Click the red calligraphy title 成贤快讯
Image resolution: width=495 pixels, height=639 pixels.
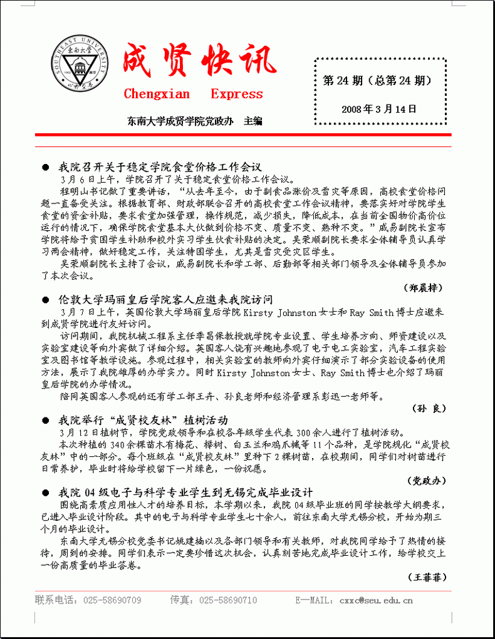[199, 61]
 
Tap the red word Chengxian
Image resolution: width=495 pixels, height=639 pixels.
[157, 95]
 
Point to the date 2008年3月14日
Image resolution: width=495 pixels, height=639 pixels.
[379, 109]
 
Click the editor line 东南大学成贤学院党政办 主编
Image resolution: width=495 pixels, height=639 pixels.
[194, 120]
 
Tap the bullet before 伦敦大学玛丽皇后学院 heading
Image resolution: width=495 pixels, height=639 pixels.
[45, 300]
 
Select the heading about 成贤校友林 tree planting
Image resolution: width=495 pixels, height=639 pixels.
[143, 419]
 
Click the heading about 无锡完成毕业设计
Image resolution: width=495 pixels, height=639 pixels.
[185, 492]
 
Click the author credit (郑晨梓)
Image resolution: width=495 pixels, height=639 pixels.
[423, 287]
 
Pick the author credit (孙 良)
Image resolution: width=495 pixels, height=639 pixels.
[429, 408]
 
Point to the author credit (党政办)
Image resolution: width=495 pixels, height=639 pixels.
[428, 480]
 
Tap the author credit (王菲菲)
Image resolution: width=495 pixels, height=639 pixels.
[427, 576]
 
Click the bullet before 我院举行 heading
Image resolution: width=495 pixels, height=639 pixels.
[45, 420]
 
